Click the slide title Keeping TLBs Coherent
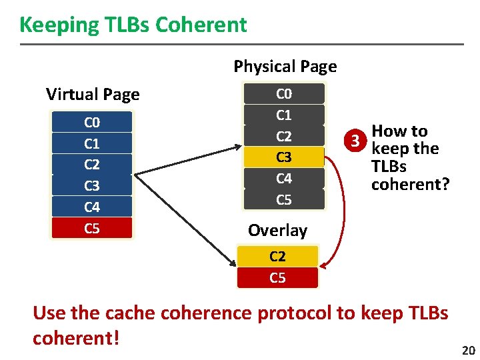click(x=133, y=25)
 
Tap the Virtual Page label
click(x=93, y=94)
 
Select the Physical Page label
click(x=285, y=66)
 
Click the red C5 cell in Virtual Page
click(x=92, y=229)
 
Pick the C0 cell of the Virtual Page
click(x=92, y=122)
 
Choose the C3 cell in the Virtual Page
click(x=92, y=186)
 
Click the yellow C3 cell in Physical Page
click(x=284, y=157)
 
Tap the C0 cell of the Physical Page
click(x=284, y=93)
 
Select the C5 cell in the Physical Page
click(x=284, y=199)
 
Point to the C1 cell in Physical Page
click(x=284, y=115)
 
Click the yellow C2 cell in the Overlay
click(x=277, y=257)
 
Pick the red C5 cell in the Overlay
click(x=277, y=277)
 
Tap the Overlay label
click(x=277, y=231)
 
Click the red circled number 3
click(x=359, y=140)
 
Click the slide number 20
click(x=468, y=351)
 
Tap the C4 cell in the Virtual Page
click(x=92, y=207)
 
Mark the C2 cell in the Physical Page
click(x=284, y=136)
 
